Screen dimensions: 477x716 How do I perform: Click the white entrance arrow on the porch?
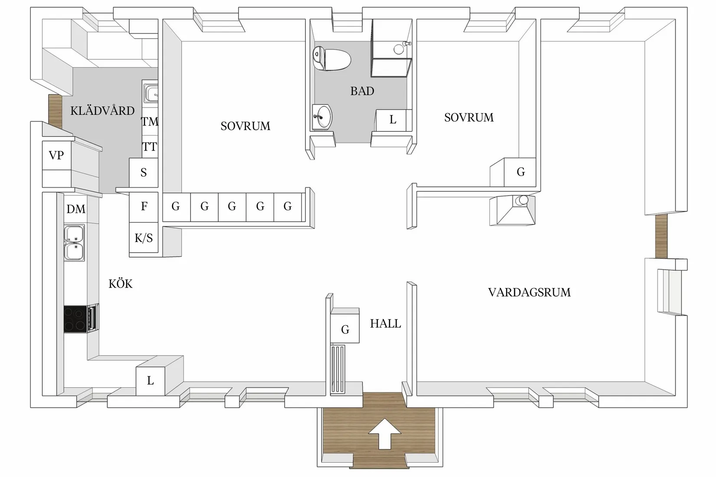[384, 434]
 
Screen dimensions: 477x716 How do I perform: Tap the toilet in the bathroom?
[332, 59]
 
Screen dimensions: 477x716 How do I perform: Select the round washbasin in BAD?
[322, 116]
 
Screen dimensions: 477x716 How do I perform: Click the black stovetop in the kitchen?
[75, 319]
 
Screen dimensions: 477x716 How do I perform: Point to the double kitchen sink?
[74, 243]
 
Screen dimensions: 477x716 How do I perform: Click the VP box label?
[56, 155]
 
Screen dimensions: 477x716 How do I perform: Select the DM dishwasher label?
[76, 209]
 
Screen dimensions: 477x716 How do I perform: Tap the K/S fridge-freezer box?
[144, 238]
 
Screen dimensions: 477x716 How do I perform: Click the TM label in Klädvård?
[150, 122]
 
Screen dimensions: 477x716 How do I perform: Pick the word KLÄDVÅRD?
[102, 111]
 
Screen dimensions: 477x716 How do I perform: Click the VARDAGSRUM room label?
[529, 293]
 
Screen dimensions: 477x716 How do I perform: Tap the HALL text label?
[385, 324]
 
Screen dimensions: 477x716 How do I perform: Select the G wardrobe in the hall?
[345, 330]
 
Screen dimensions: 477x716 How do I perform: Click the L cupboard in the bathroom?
[393, 120]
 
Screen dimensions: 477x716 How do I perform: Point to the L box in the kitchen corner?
[150, 381]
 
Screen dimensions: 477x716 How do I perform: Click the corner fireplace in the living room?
[512, 210]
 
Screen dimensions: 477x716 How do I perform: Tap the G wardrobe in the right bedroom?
[520, 172]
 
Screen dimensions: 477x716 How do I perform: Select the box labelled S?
[144, 173]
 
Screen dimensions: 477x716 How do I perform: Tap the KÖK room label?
[120, 284]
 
